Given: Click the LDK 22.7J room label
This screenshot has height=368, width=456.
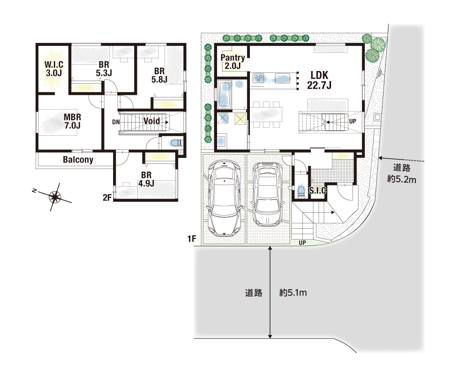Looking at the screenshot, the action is click(319, 80).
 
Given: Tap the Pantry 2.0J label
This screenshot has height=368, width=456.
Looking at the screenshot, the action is click(233, 61).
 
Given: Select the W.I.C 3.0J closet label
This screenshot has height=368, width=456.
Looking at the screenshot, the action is click(54, 69).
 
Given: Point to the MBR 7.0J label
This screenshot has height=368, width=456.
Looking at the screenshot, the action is click(73, 121).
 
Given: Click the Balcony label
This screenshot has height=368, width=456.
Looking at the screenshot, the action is click(78, 160).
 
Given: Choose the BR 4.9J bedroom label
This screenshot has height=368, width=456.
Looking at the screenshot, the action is click(146, 179).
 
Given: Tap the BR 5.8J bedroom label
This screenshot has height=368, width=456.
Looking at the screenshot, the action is click(159, 75).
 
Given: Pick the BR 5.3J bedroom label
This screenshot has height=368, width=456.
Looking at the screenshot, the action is click(104, 69).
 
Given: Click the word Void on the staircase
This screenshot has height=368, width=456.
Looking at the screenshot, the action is click(151, 121).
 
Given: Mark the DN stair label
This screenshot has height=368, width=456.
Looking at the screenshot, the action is click(116, 122).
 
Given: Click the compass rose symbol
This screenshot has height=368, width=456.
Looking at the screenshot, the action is click(54, 197).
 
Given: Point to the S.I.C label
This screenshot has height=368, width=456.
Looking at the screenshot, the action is click(317, 190).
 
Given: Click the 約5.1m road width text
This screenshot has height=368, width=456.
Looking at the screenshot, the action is click(293, 292).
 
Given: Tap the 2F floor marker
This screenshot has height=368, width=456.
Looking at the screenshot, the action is click(107, 198).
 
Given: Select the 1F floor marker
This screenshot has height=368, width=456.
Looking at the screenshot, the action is click(192, 239).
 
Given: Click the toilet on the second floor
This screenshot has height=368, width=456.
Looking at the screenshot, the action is click(176, 143).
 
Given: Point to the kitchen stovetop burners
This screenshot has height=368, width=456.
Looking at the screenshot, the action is click(258, 78).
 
